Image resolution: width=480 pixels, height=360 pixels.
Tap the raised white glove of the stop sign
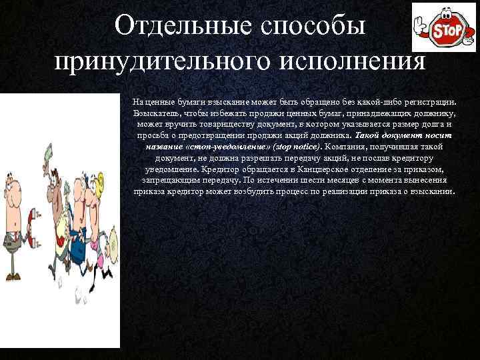tap(421, 26)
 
